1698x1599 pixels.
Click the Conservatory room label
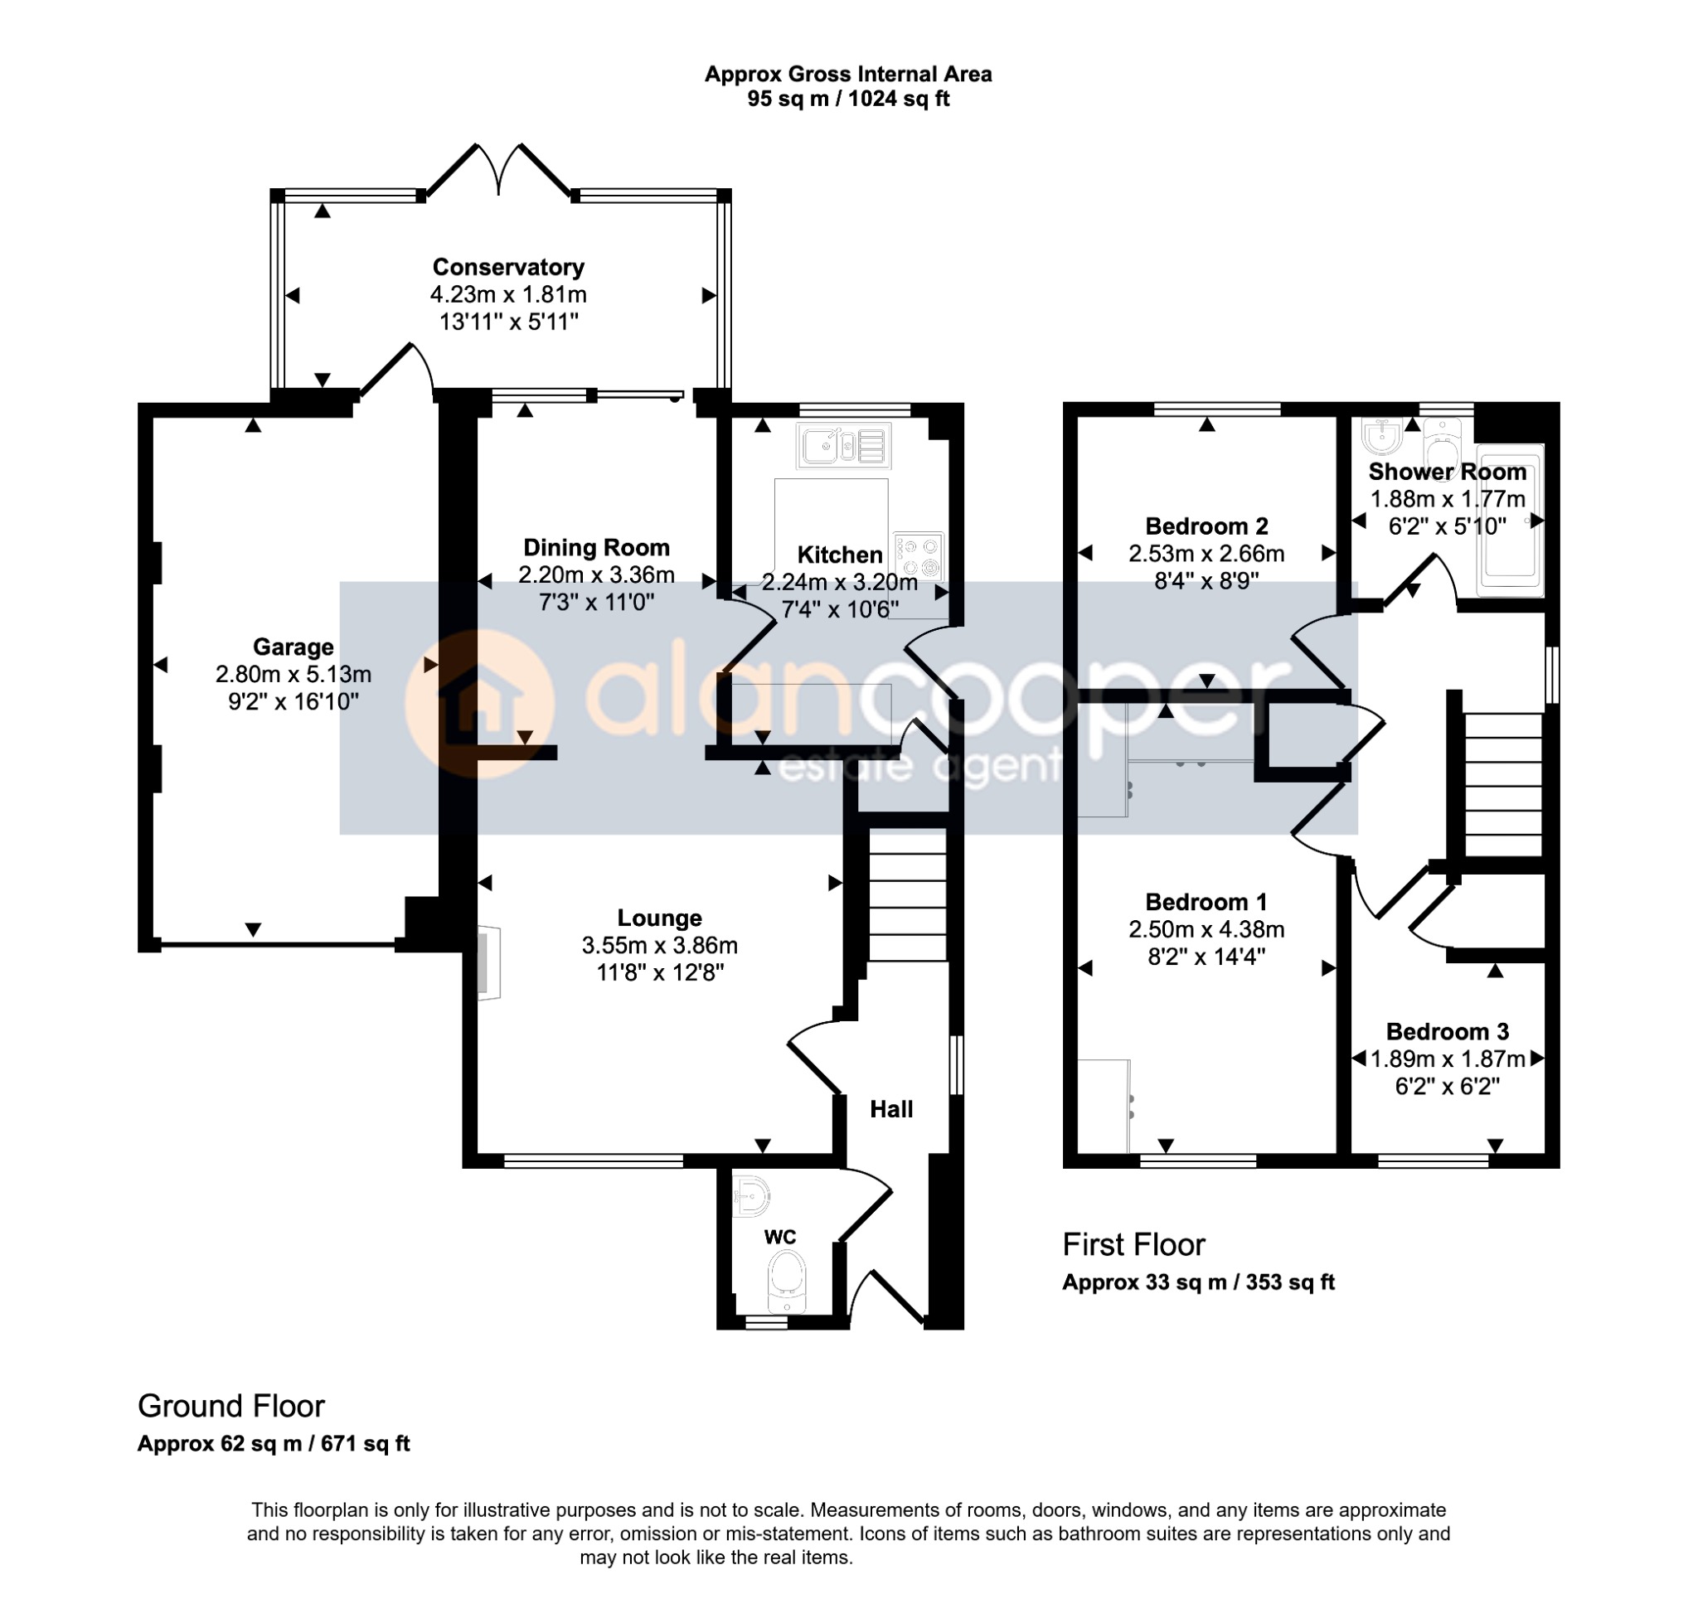[x=508, y=268]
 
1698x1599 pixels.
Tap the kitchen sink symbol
[x=844, y=445]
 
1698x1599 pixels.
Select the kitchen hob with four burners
[x=919, y=556]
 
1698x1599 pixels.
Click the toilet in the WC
[x=787, y=1282]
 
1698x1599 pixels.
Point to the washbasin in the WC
[x=751, y=1195]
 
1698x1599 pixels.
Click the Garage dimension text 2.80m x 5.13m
[x=293, y=675]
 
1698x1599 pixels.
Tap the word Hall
[x=892, y=1110]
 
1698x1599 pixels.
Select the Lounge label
[x=659, y=918]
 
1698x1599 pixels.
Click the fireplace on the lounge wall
[x=488, y=962]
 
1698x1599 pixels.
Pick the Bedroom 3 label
[x=1447, y=1032]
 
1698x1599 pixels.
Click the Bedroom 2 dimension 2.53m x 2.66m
[x=1206, y=554]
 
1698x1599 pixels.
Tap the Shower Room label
[x=1447, y=472]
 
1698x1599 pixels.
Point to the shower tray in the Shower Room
[x=1511, y=520]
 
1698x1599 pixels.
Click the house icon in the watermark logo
[x=479, y=705]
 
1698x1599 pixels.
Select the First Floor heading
[x=1133, y=1245]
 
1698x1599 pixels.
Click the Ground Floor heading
[x=230, y=1407]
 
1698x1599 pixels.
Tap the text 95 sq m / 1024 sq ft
[x=848, y=99]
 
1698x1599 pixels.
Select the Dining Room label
[x=596, y=548]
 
